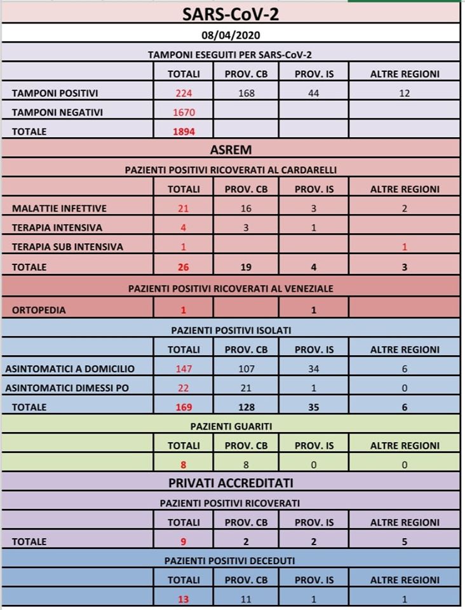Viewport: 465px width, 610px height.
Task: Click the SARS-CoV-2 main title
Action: coord(231,13)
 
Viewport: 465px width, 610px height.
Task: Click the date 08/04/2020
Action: coord(231,34)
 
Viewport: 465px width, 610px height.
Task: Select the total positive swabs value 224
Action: coord(183,93)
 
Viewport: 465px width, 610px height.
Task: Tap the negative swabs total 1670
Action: coord(183,112)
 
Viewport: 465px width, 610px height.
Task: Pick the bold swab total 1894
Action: coord(183,132)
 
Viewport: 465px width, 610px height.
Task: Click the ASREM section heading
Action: coord(231,151)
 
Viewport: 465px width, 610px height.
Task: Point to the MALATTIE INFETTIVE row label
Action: coord(59,208)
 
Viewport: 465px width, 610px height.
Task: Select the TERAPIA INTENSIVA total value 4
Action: coord(183,227)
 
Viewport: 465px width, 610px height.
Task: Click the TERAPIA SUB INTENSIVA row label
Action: coord(67,247)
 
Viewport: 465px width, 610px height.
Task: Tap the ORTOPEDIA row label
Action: coord(39,310)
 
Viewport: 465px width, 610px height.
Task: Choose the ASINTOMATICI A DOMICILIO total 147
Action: coord(183,369)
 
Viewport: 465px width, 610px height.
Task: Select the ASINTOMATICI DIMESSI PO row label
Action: coord(67,388)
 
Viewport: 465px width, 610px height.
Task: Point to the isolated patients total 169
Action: coord(183,407)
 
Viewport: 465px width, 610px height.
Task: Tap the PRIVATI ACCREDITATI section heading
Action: coord(231,483)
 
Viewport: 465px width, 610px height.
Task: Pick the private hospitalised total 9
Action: coord(183,542)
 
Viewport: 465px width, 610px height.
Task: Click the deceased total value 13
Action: coord(183,599)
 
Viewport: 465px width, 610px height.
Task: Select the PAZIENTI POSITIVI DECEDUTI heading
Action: coord(231,560)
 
